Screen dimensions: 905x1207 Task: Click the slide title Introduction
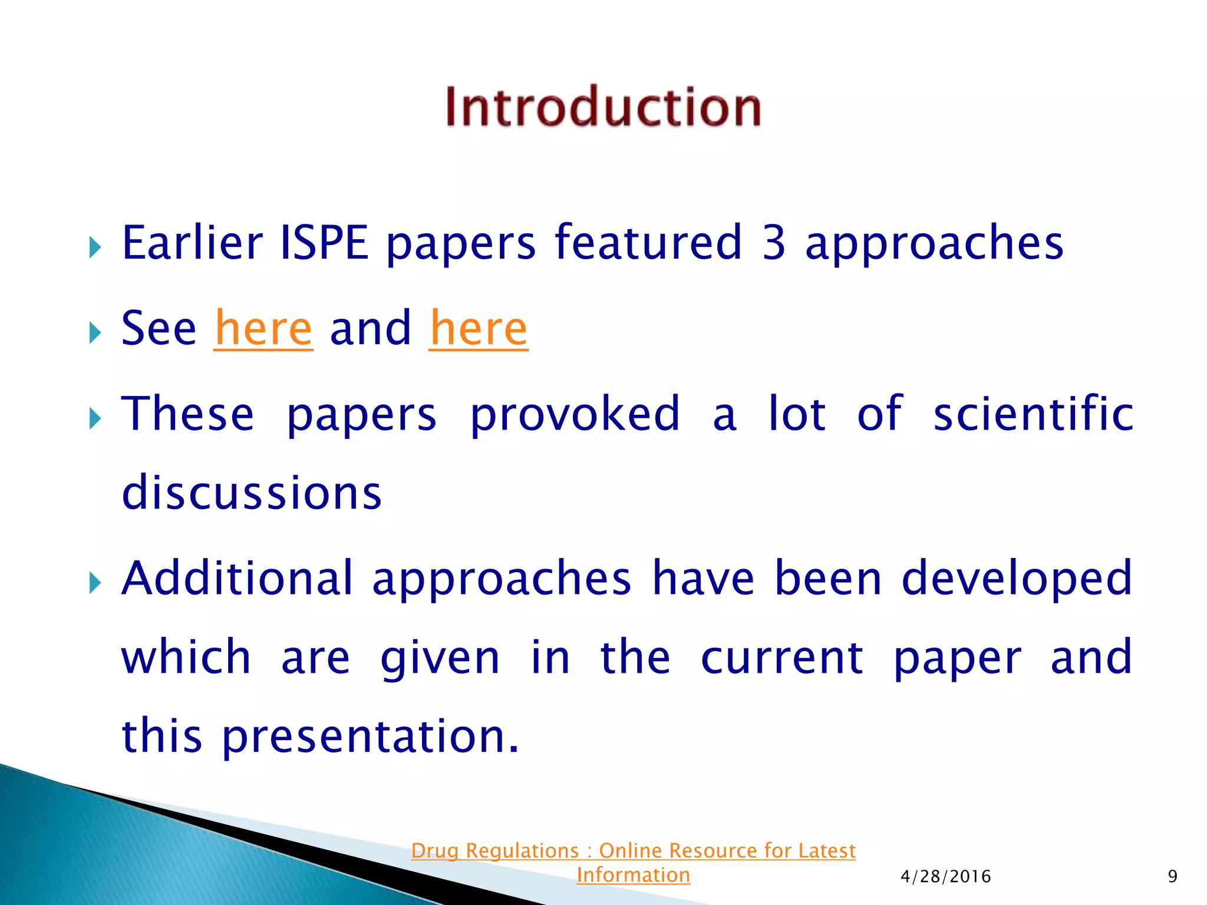point(603,107)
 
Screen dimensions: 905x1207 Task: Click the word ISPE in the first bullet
point(324,243)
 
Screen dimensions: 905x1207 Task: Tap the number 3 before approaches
point(773,243)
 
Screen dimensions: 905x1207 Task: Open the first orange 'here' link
point(263,329)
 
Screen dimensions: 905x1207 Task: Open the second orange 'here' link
point(479,329)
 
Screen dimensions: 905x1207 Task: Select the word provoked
point(575,414)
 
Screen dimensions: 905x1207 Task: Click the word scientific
point(1034,414)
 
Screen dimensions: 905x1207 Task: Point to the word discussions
point(252,493)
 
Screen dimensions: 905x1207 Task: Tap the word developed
point(1017,579)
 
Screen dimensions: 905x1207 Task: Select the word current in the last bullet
point(782,658)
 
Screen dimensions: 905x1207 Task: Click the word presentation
point(370,736)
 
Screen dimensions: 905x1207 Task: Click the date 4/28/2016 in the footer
point(945,877)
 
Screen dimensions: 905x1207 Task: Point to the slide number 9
point(1172,877)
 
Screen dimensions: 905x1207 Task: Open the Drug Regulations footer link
point(633,851)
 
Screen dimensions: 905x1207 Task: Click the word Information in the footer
point(633,875)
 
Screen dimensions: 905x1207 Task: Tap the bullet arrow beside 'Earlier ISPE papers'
point(95,247)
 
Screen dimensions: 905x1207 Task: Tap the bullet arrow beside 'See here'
point(95,333)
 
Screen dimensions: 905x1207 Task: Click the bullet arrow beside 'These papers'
point(95,419)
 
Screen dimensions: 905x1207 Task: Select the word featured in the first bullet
point(648,243)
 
